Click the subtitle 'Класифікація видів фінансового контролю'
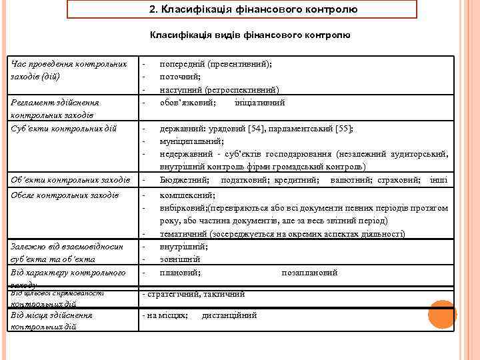[x=250, y=35]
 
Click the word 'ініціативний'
[x=260, y=103]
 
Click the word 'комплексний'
[x=187, y=195]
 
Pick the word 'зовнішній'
[x=180, y=259]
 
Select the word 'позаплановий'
[x=309, y=273]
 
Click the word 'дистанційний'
[x=229, y=315]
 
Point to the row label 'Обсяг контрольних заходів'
[x=65, y=195]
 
